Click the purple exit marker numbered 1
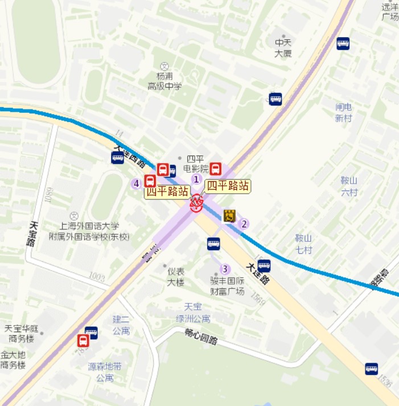pos(196,179)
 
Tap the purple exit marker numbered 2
pos(245,224)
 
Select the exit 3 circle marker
pos(225,269)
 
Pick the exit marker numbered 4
pos(136,184)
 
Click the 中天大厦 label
pos(283,48)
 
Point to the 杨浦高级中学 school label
pos(164,81)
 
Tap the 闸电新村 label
pos(344,112)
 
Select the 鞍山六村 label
pos(349,186)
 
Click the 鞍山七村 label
pos(304,243)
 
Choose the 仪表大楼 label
pos(175,277)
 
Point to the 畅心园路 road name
pos(201,337)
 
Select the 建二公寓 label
pos(121,326)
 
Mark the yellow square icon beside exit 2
pos(229,216)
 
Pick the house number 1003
pos(97,277)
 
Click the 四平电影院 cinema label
pos(195,163)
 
